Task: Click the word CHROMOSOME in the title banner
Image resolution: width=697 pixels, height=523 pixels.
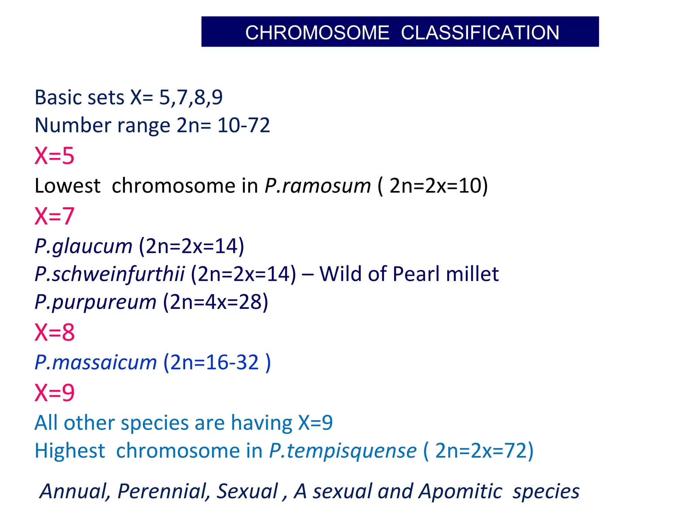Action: pos(317,33)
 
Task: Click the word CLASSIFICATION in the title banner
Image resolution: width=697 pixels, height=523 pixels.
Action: pos(480,33)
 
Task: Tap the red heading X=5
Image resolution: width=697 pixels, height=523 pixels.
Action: pos(54,156)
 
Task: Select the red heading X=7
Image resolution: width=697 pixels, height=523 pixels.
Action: pos(54,216)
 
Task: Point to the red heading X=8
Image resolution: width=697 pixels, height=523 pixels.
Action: pos(54,332)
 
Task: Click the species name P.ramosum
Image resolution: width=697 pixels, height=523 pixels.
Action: pos(318,186)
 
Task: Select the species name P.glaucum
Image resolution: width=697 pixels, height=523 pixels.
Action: pos(83,246)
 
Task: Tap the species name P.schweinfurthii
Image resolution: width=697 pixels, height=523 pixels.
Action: pos(110,274)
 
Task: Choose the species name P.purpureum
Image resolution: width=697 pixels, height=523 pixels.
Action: pos(96,302)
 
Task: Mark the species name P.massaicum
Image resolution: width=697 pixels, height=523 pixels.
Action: pos(96,362)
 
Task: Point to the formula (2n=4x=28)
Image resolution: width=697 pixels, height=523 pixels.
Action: pos(216,302)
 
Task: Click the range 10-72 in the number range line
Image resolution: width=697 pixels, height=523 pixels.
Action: pos(244,125)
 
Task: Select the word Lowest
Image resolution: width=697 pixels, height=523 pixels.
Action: pos(67,186)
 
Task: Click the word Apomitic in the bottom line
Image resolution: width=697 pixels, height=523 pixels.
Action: pos(460,491)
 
